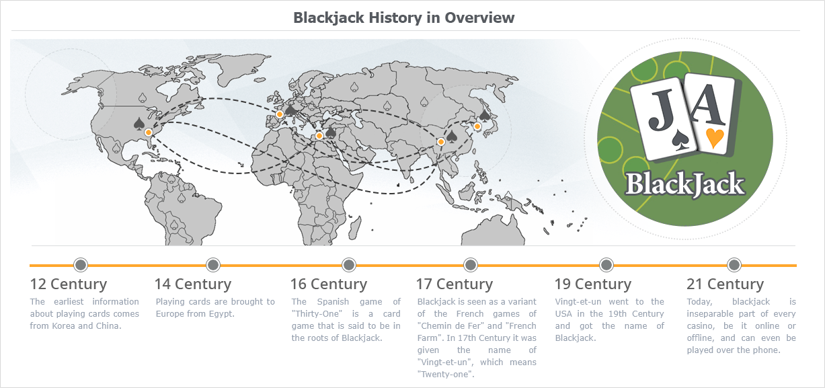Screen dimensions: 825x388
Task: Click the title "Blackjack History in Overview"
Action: tap(403, 17)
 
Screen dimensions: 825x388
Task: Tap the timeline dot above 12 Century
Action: tap(81, 264)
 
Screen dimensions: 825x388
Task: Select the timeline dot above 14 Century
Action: tap(213, 264)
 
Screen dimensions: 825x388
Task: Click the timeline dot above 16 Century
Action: tap(349, 264)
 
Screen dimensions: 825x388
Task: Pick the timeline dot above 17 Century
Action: tap(470, 264)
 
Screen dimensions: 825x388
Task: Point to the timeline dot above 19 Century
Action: tap(606, 264)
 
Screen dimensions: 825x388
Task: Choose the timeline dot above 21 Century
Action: tap(734, 264)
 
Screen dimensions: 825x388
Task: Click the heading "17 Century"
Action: tap(454, 284)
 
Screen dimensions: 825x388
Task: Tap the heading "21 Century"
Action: tap(725, 284)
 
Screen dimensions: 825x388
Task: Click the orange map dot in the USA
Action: tap(149, 132)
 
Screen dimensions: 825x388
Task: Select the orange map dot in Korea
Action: tap(477, 126)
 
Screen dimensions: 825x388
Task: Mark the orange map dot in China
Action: tap(441, 141)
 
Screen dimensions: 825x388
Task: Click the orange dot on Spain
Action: tap(280, 114)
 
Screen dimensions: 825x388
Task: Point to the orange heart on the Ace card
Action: tap(715, 138)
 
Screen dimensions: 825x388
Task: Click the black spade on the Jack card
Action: tap(680, 141)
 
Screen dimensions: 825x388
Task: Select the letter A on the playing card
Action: tap(708, 104)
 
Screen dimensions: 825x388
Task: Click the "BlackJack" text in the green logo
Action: tap(685, 184)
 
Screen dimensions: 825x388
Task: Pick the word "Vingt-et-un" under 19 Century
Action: tap(578, 301)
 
